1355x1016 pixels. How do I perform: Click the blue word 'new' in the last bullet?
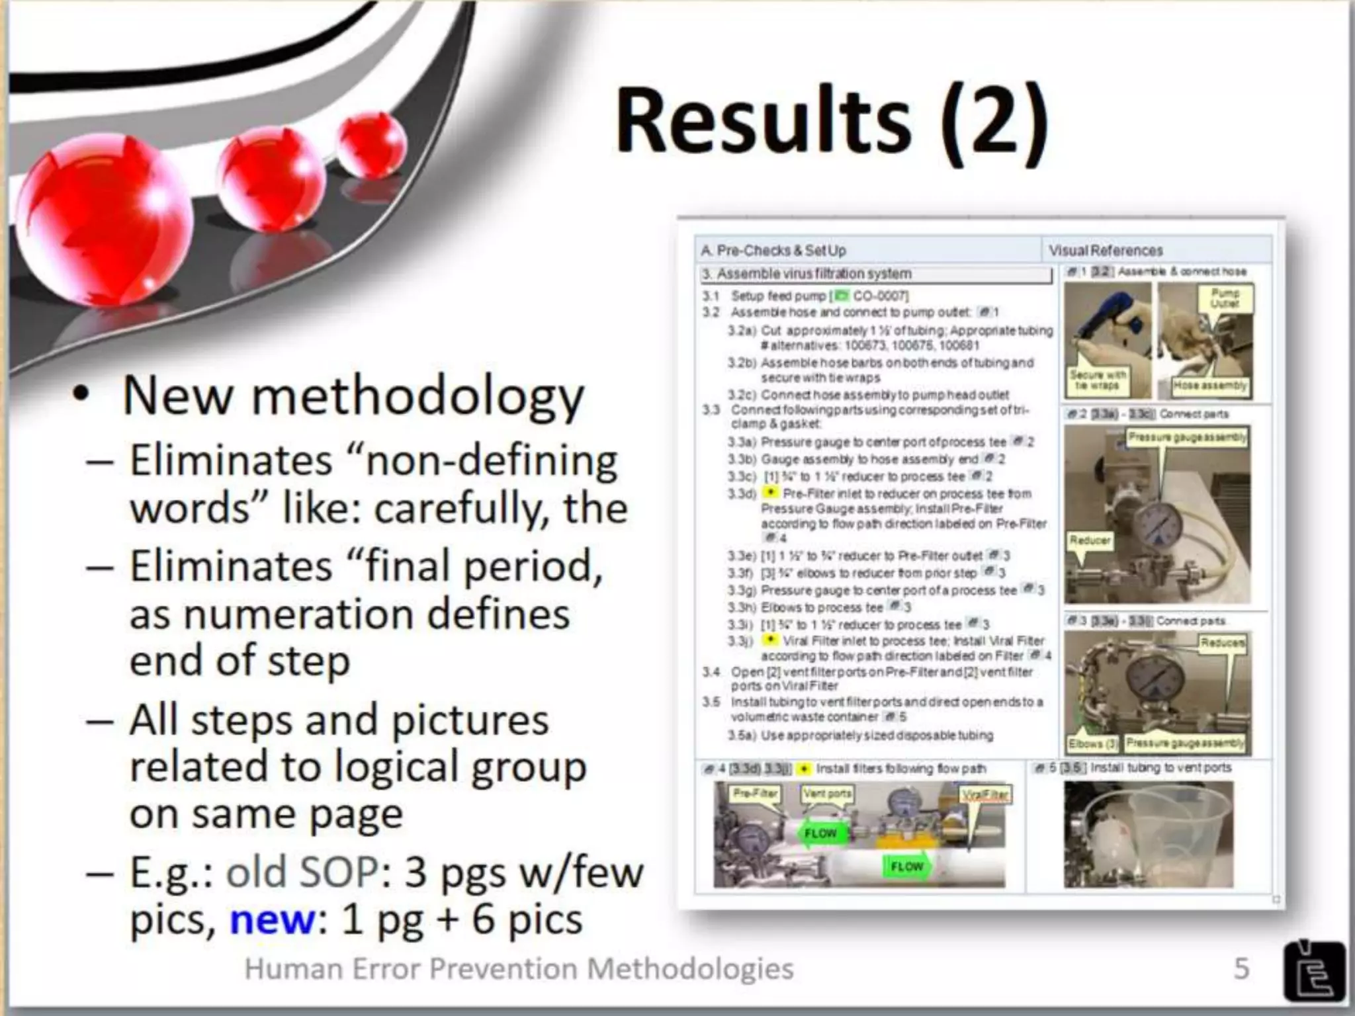coord(272,919)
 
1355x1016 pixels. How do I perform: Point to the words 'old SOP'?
coord(302,873)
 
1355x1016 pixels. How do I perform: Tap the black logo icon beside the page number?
coord(1314,970)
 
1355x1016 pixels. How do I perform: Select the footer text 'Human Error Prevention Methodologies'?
coord(519,969)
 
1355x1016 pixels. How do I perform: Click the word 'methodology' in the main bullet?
coord(418,396)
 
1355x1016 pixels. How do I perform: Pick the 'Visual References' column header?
coord(1106,251)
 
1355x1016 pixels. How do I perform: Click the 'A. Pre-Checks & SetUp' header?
coord(773,251)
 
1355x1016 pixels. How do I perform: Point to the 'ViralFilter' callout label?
coord(985,794)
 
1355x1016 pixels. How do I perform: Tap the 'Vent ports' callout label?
coord(827,793)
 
